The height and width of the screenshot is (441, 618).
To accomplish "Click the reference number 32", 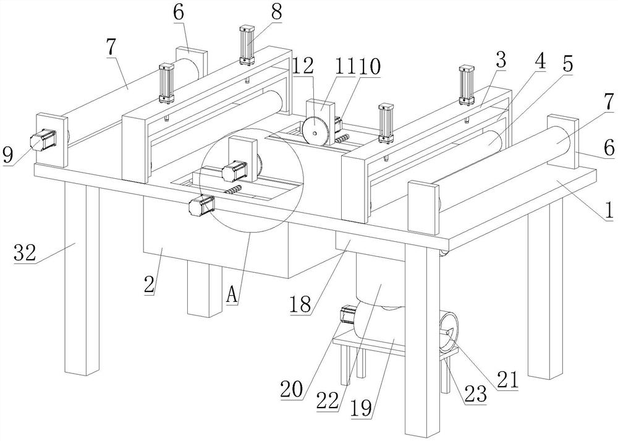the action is [25, 252].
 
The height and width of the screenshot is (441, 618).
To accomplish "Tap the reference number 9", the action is [9, 155].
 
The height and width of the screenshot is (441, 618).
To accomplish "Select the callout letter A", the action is [232, 294].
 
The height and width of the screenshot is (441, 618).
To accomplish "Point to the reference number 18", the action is [300, 304].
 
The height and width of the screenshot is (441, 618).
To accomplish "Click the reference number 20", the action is [292, 389].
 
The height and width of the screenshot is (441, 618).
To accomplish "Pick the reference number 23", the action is [476, 394].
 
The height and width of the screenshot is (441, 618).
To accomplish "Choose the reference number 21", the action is [507, 380].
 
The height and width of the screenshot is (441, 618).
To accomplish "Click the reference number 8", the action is [277, 12].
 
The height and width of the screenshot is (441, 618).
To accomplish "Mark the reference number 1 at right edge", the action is [609, 210].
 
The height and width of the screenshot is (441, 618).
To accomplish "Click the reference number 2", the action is [150, 285].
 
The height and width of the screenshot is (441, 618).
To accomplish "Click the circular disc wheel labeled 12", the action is [314, 132].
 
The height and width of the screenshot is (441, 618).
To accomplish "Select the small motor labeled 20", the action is [348, 315].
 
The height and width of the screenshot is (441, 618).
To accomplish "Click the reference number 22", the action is [328, 401].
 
